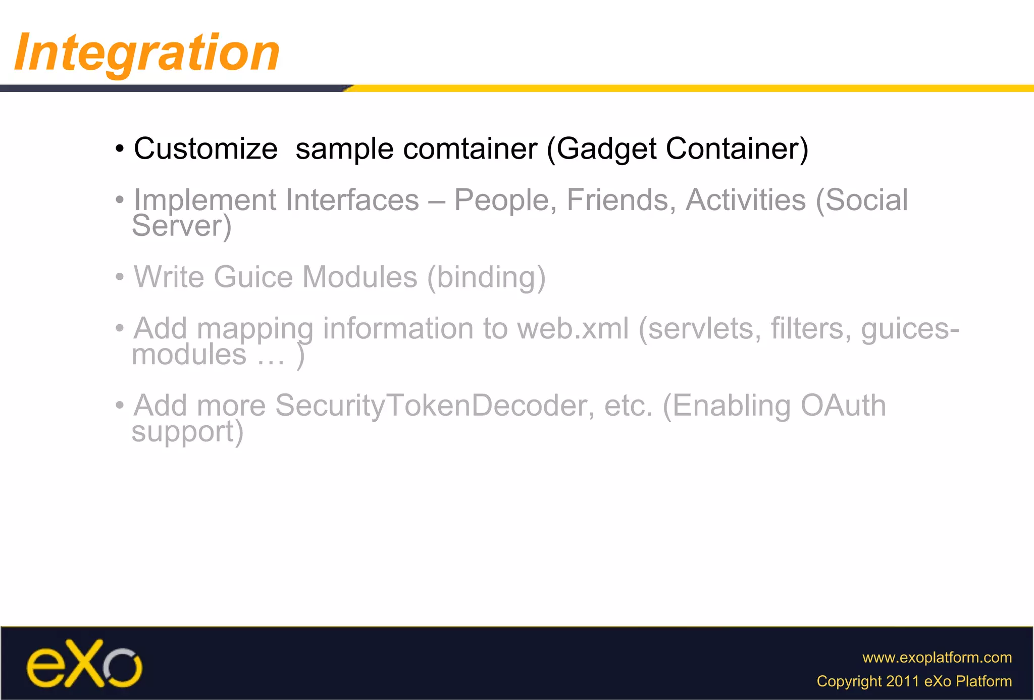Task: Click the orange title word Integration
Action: (x=146, y=52)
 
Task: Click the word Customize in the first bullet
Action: (x=205, y=149)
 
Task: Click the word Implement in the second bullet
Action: (x=204, y=201)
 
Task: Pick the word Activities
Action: (x=745, y=200)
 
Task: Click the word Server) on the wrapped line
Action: (x=182, y=226)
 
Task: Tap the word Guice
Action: (x=253, y=277)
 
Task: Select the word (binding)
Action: (x=486, y=277)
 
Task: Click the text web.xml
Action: (x=573, y=329)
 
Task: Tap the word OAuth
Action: (x=843, y=406)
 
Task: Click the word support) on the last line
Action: (x=187, y=432)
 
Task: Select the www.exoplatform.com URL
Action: (x=937, y=658)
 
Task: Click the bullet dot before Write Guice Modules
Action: (x=120, y=277)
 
